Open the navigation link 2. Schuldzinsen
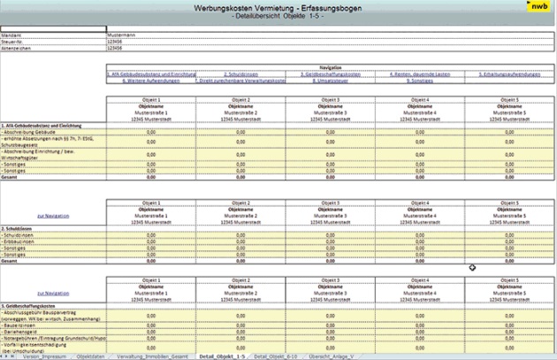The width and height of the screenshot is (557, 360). [240, 74]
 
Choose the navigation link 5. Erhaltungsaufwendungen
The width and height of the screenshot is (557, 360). [515, 74]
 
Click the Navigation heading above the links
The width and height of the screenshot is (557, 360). [330, 67]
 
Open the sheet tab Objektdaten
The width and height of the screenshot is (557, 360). [92, 354]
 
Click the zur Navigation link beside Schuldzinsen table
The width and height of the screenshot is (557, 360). [50, 215]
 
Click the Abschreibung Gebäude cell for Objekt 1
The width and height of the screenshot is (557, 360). [151, 131]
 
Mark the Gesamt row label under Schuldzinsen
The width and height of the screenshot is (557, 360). [11, 262]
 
